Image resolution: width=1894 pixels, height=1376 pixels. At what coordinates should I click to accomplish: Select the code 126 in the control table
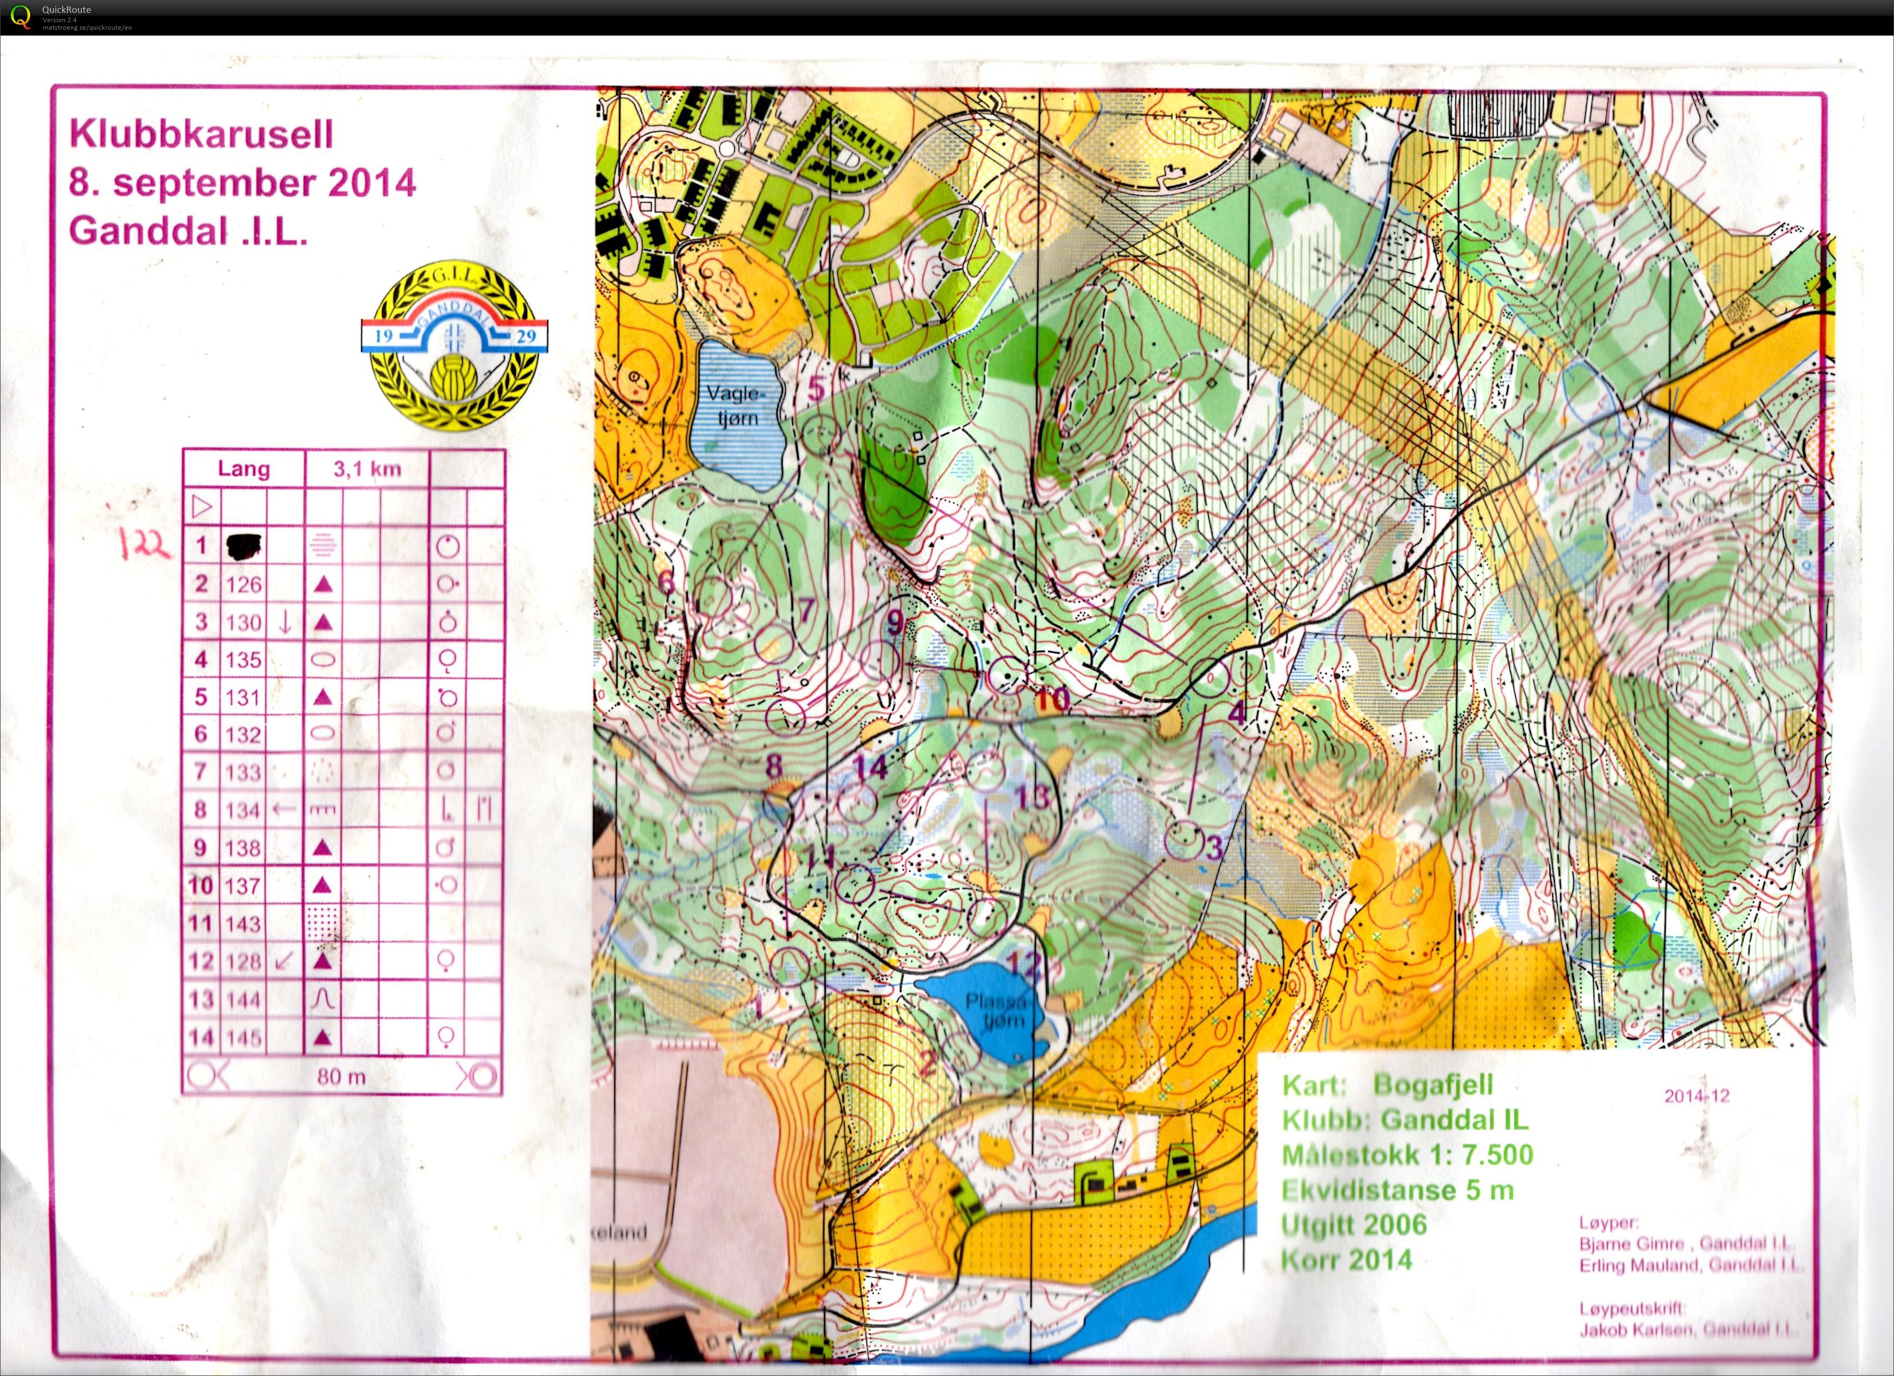pos(243,585)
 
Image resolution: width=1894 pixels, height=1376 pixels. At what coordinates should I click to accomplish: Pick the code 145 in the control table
pos(243,1038)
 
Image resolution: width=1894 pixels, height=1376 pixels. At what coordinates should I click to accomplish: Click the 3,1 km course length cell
pos(367,469)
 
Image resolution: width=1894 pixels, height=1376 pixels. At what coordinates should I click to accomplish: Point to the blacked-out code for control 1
pos(243,547)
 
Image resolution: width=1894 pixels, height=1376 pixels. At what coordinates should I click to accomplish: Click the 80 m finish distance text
pos(341,1077)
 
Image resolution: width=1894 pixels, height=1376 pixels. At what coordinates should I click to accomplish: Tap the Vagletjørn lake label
pos(736,405)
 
